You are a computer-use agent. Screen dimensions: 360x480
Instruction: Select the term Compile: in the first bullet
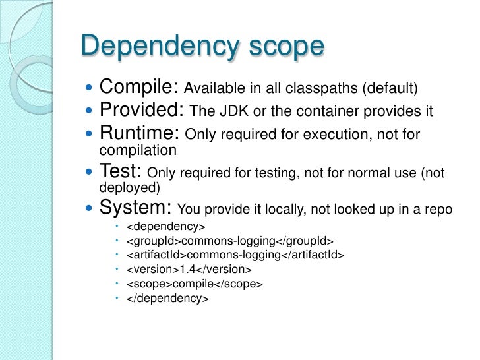[x=138, y=87]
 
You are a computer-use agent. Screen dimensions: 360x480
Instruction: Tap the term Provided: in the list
[x=141, y=111]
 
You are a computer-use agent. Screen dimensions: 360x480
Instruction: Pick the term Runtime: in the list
[x=139, y=135]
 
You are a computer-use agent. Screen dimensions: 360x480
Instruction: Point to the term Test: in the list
[x=121, y=172]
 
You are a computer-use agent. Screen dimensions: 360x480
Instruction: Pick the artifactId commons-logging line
[x=235, y=255]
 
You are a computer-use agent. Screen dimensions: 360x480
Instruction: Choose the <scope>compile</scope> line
[x=195, y=284]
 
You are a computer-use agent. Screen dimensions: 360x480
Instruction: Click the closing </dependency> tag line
[x=167, y=299]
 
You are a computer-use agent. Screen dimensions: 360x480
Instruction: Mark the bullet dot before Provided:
[x=90, y=111]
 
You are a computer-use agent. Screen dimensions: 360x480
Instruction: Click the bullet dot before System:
[x=90, y=209]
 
